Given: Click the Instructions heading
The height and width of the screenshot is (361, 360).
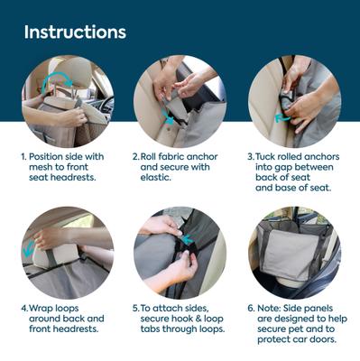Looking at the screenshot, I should click(75, 32).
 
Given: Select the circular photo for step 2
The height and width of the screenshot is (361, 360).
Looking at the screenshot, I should click(179, 100).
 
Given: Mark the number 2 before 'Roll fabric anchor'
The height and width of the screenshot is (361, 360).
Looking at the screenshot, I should click(135, 155).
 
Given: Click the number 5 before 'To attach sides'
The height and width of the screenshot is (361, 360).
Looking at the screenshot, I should click(135, 307).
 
